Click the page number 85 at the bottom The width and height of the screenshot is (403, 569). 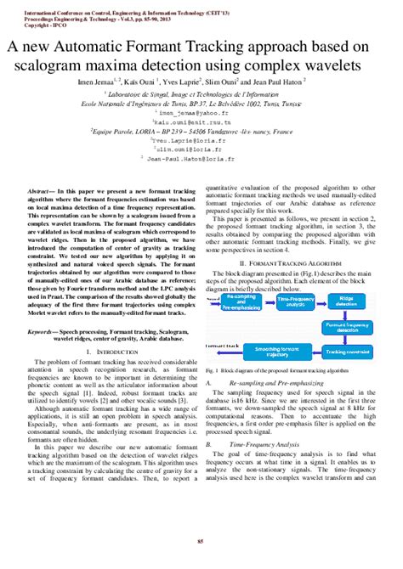(201, 542)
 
